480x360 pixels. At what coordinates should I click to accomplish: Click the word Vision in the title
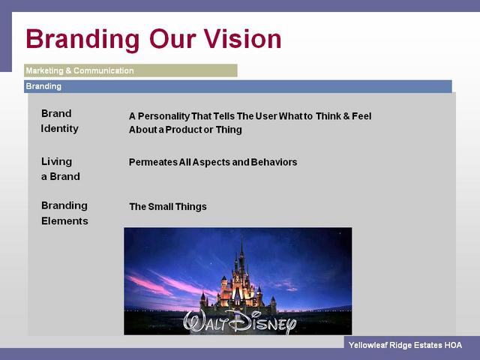coord(243,39)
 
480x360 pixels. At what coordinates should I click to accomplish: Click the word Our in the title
coord(172,39)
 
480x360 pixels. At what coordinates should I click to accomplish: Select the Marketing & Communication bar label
coord(80,70)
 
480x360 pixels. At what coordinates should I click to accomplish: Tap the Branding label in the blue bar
coord(43,86)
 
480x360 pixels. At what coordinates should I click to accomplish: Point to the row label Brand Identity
coord(60,121)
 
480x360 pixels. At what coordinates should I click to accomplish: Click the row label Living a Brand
coord(61,169)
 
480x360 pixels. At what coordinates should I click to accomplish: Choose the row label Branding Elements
coord(64,213)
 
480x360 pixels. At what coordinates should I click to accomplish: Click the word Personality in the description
coord(163,116)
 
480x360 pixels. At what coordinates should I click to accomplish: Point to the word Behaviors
coord(274,162)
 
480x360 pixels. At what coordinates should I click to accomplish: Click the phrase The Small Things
coord(168,207)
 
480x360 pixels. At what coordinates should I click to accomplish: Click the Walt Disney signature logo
coord(240,322)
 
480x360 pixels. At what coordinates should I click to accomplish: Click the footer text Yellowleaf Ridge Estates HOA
coord(405,345)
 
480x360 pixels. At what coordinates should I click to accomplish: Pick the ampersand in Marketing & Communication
coord(68,70)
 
